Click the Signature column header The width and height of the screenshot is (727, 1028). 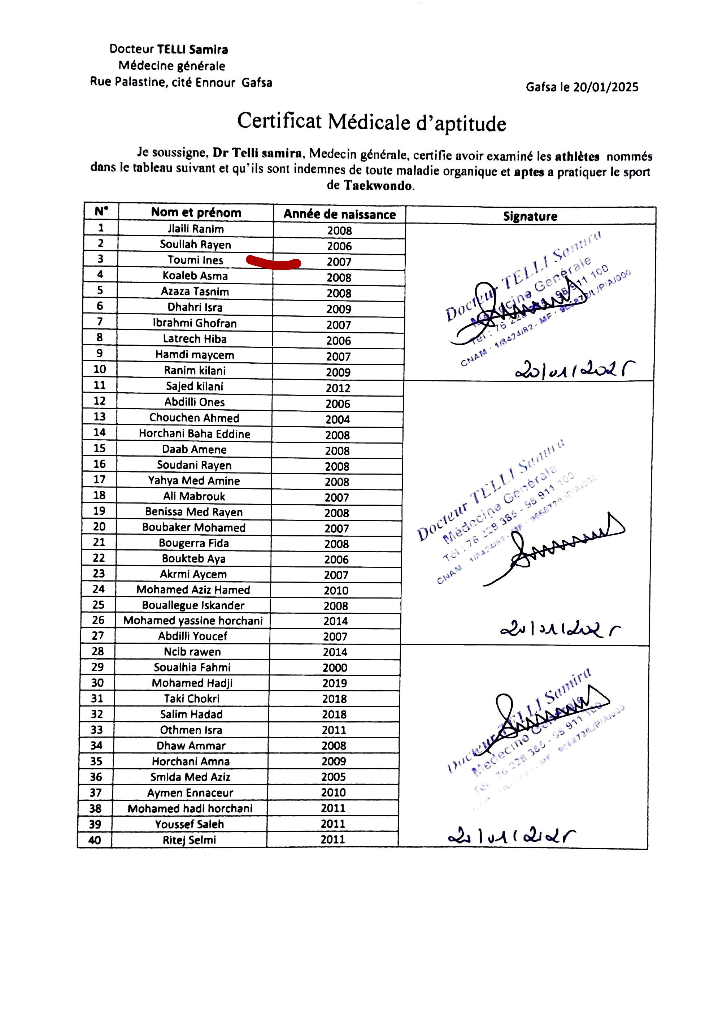[530, 216]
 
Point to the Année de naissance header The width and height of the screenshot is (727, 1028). [339, 214]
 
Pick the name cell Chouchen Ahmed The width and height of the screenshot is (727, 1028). [194, 418]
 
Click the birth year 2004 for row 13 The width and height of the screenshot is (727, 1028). [338, 419]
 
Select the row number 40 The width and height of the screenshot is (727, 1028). [95, 840]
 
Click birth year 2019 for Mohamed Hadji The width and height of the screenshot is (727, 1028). [334, 683]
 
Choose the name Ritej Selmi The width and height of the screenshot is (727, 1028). [190, 840]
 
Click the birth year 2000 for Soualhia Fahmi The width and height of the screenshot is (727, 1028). [335, 668]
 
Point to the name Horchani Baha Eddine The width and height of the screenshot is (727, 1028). [194, 433]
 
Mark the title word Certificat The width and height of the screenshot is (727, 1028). [279, 121]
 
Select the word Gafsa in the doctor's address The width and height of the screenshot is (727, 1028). [257, 82]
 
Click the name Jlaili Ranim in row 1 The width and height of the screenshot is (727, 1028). [196, 229]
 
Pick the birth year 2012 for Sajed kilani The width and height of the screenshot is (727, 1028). [338, 388]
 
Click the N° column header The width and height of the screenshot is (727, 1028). [102, 211]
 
